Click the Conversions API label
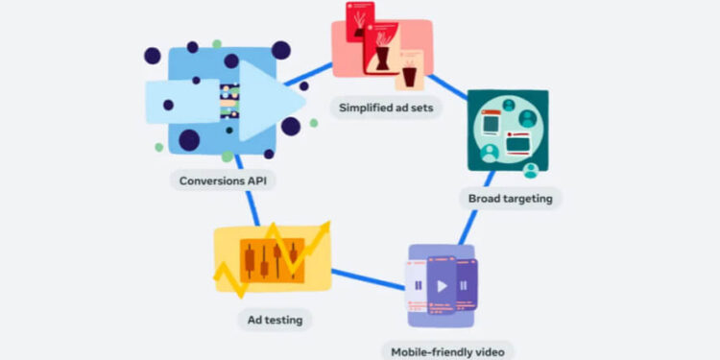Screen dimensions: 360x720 (x=224, y=180)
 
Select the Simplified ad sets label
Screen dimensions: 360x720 (x=387, y=108)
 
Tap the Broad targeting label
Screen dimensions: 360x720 (x=510, y=199)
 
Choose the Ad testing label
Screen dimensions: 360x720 (x=275, y=319)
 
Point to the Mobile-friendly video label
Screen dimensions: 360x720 (x=447, y=350)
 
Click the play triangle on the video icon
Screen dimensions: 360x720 (x=441, y=285)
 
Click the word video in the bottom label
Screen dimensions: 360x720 (x=486, y=350)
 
